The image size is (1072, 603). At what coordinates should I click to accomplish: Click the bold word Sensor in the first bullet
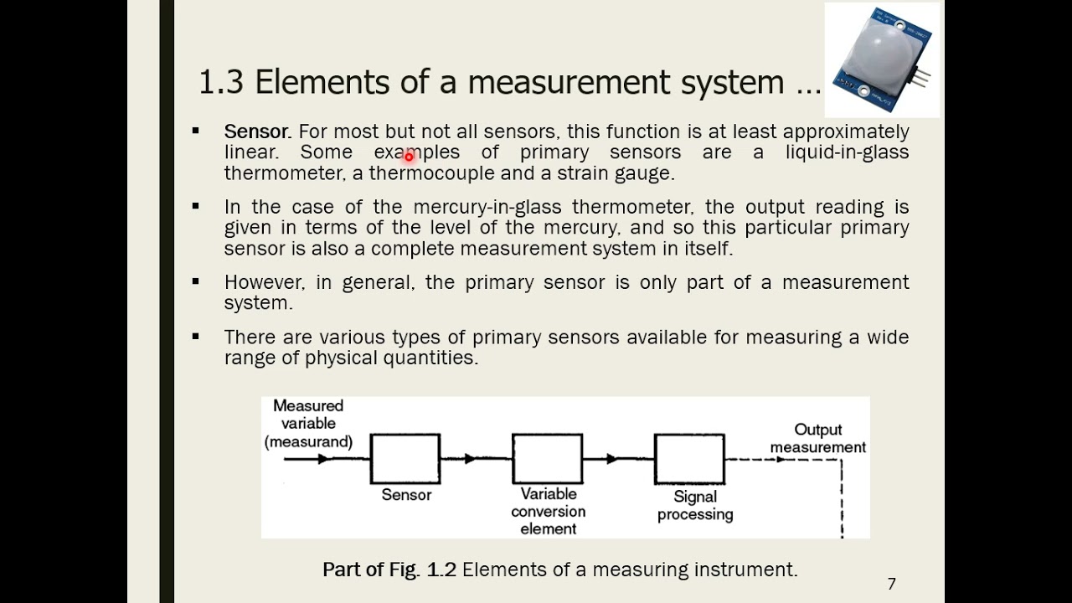coord(257,131)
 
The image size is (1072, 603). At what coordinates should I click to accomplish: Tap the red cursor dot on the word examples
coord(409,157)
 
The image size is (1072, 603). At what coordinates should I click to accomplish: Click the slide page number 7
coord(892,584)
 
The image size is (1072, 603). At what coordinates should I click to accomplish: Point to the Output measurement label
coord(818,438)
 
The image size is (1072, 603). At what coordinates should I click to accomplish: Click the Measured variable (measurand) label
coord(309,424)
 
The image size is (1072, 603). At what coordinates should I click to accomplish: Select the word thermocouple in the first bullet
coord(431,173)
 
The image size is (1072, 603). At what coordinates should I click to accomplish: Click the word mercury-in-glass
coord(487,207)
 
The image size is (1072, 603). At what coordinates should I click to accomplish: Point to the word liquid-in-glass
coord(847,152)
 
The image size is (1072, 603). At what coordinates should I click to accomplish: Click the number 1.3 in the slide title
coord(220,82)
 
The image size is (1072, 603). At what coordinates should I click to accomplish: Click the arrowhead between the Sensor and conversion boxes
coord(471,458)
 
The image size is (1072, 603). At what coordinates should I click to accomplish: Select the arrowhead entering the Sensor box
coord(323,459)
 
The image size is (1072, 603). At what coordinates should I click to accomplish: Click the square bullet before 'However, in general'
coord(195,281)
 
